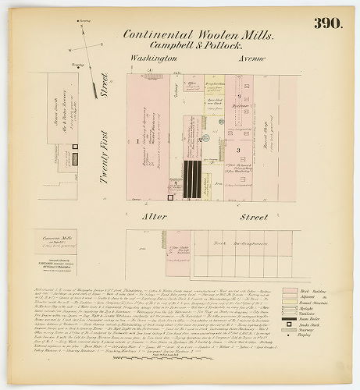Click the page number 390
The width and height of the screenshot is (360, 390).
(327, 23)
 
